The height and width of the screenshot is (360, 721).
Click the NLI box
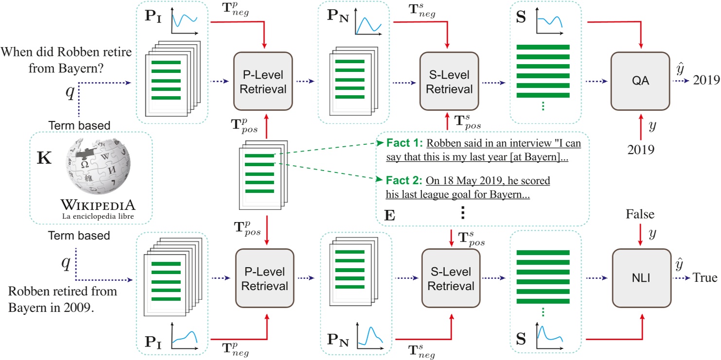[641, 278]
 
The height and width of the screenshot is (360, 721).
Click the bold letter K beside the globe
[45, 159]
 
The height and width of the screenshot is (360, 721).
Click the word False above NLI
[641, 215]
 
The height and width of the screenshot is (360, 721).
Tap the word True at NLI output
[705, 277]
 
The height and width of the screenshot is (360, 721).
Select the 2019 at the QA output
[706, 80]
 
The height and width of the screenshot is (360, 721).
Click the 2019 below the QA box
[641, 149]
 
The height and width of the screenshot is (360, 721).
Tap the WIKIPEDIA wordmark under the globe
[99, 203]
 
